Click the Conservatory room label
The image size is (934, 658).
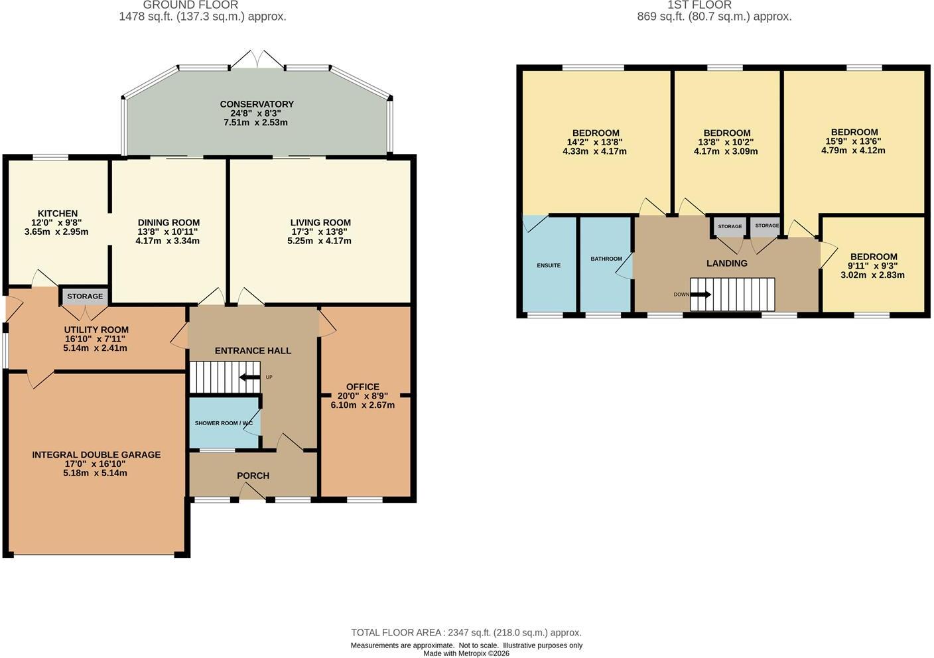[257, 104]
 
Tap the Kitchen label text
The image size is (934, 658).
[58, 214]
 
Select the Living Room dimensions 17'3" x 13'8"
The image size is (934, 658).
[319, 232]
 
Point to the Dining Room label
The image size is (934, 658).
[169, 223]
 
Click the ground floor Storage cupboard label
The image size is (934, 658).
[85, 296]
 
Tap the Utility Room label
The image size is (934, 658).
[96, 330]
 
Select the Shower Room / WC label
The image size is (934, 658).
[224, 423]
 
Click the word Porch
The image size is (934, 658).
[253, 476]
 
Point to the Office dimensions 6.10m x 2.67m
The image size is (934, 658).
[363, 405]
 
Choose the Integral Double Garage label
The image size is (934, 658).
[96, 455]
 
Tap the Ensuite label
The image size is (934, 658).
[549, 265]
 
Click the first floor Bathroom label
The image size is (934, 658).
[606, 259]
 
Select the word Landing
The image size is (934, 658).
[727, 263]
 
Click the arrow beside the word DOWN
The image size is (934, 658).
[700, 295]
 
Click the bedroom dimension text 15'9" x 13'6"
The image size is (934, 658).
[854, 141]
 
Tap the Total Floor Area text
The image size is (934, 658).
[466, 633]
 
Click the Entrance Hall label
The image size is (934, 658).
[253, 351]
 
